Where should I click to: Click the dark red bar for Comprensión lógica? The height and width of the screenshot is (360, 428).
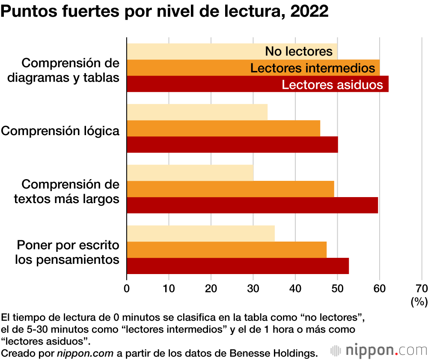coord(232,145)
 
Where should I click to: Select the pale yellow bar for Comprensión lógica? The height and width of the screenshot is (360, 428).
coord(197,112)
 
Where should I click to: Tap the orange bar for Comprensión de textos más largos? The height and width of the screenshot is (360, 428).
coord(230,189)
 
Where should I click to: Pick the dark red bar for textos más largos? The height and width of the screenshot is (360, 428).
coord(253,205)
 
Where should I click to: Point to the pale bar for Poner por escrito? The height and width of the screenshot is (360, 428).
coord(201,233)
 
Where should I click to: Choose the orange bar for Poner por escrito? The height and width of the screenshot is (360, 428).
coord(227,250)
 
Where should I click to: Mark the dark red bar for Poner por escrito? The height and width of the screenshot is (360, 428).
coord(238,266)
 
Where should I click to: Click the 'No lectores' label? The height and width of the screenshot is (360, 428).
coord(299,51)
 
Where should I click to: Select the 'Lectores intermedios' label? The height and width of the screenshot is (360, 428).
coord(313,68)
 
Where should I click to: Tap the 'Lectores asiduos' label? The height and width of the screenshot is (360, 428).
coord(332,85)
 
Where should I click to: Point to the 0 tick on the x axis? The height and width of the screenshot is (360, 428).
coord(127,288)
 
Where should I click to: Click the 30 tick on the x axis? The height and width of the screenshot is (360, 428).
coord(253,288)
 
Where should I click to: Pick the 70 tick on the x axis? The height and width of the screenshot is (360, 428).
coord(422,288)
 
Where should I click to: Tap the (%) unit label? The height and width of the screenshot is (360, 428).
coord(419,302)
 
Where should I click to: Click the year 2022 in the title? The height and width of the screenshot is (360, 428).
coord(309,12)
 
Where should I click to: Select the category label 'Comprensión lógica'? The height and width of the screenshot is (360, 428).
coord(60,131)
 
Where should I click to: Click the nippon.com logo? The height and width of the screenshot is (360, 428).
coord(379,351)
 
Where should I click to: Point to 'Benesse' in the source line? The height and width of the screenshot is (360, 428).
coord(245,353)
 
